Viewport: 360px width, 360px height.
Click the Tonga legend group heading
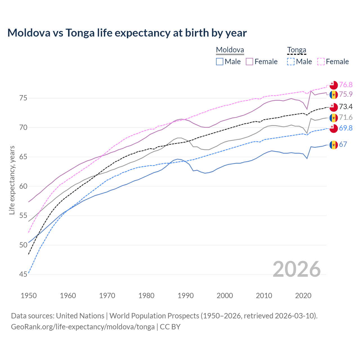pos(296,50)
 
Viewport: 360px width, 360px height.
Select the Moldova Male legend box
pos(220,62)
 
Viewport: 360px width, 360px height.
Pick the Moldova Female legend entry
pos(262,62)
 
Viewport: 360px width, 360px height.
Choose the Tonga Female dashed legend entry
pos(333,62)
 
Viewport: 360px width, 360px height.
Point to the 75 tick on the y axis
pos(23,98)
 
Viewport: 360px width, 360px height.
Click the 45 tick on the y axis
pos(23,274)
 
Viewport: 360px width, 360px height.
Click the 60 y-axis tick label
pos(23,186)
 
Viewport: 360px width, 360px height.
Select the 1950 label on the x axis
pos(29,296)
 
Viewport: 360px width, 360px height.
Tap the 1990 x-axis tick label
pos(186,296)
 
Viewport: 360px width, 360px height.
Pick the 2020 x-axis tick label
pos(303,296)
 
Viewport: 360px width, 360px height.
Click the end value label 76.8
pos(346,85)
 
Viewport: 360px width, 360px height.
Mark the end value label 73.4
pos(346,107)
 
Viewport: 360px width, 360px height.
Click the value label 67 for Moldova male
pos(343,144)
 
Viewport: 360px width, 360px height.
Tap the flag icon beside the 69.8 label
pos(334,128)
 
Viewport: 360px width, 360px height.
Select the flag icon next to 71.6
pos(334,118)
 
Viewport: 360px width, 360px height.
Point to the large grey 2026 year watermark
pos(296,269)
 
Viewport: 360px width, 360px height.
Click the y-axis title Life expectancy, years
pos(12,180)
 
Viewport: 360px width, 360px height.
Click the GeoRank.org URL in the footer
pos(83,327)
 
